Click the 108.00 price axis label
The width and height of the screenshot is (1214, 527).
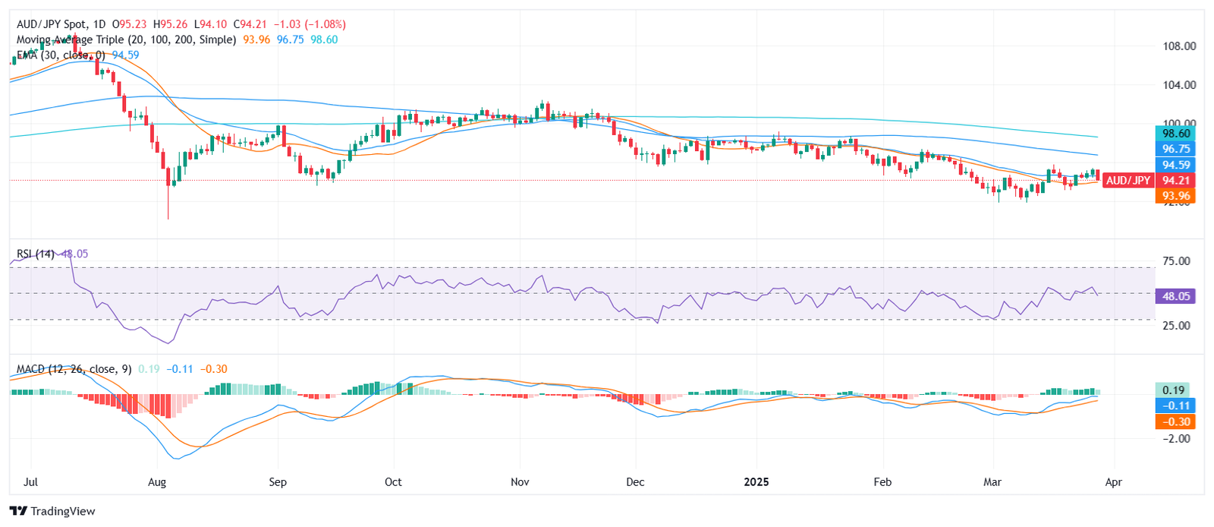(x=1179, y=46)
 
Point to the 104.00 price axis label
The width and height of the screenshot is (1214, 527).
(x=1179, y=85)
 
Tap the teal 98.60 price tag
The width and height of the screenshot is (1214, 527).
(x=1175, y=134)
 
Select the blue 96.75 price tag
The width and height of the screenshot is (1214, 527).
(x=1175, y=149)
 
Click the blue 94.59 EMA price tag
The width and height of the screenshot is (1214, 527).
(x=1175, y=165)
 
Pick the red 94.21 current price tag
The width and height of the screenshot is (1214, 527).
(x=1175, y=181)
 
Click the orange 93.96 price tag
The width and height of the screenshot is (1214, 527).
(x=1175, y=196)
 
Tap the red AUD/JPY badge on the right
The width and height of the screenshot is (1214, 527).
(x=1128, y=181)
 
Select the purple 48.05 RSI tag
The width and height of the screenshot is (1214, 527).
(x=1175, y=296)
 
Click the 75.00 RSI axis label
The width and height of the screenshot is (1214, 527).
(x=1176, y=261)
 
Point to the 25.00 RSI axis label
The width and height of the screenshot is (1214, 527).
(x=1176, y=326)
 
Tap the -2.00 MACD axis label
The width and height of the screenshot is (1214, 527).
(x=1176, y=438)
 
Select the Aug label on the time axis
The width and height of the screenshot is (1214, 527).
(x=157, y=482)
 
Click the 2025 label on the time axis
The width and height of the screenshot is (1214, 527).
(x=756, y=482)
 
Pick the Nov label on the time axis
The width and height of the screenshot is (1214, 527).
(x=520, y=482)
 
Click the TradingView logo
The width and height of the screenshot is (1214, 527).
(x=52, y=511)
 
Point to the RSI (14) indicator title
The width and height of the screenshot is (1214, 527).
(x=36, y=254)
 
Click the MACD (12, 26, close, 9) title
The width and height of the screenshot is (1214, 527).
(x=74, y=369)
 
